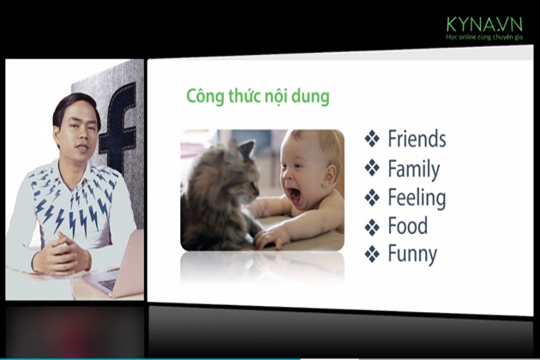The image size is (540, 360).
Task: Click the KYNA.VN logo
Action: pos(484,24)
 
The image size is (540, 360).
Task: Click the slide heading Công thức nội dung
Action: pos(258,96)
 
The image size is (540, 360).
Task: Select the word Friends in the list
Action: pos(417,139)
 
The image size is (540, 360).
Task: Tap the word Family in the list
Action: pos(414,169)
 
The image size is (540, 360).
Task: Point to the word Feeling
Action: pos(417,198)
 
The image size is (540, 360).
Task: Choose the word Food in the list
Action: pos(408,225)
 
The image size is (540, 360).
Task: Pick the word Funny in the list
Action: pos(412,255)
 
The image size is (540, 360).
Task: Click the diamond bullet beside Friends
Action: pos(372,139)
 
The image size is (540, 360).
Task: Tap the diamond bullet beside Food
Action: pos(372,227)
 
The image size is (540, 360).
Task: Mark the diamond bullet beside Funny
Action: pos(372,255)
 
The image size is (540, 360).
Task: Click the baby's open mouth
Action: pos(296,195)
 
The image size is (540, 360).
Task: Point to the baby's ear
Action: pos(330,174)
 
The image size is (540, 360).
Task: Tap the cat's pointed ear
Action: pos(247,149)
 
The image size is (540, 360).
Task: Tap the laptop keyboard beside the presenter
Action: pos(108,285)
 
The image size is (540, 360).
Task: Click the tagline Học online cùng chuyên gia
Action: pos(484,37)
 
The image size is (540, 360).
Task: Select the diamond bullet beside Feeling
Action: pos(372,198)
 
